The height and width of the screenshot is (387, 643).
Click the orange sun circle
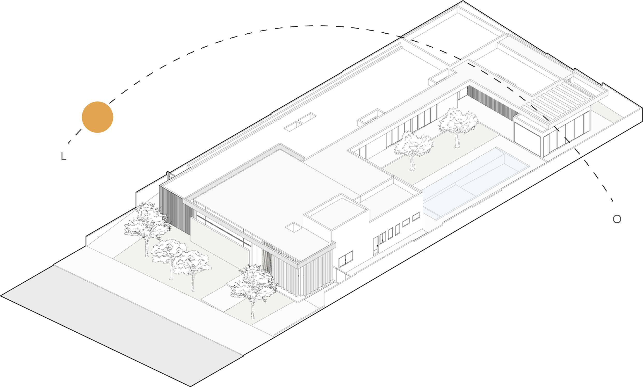tap(97, 117)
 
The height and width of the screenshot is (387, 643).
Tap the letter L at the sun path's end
tap(63, 156)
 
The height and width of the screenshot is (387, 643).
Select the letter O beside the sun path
tap(617, 219)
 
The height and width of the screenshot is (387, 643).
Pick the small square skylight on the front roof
tap(294, 227)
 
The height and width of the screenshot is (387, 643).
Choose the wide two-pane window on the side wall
tap(346, 259)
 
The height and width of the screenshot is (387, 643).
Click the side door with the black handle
tap(376, 245)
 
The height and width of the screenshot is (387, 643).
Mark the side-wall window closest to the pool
tap(416, 217)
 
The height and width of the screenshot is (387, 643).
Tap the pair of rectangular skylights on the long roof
tap(300, 122)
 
